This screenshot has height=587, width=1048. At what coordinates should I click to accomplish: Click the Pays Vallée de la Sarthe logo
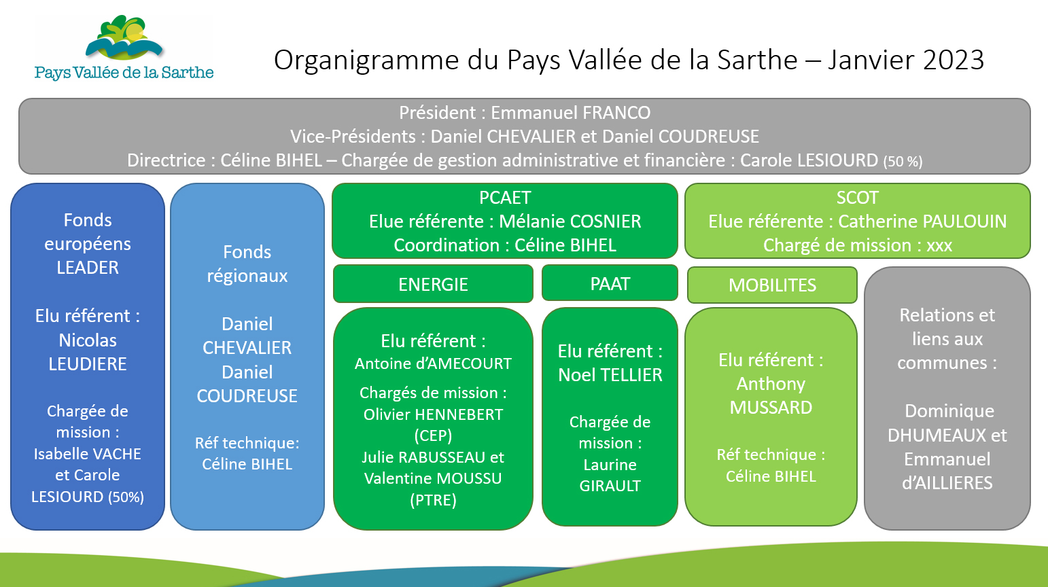(x=124, y=48)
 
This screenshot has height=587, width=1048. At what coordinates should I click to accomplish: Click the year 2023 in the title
(x=954, y=60)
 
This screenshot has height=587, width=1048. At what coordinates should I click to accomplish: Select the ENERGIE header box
(x=433, y=284)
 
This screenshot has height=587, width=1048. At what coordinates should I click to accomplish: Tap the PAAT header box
(x=610, y=283)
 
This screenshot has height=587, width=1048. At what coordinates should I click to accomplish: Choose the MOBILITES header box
(x=773, y=285)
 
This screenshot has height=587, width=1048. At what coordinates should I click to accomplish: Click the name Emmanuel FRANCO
(x=571, y=113)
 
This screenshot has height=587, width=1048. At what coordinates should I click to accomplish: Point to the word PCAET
(x=505, y=198)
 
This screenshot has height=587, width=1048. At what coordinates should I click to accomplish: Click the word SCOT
(x=858, y=198)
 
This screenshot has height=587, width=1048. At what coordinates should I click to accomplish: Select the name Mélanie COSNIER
(x=570, y=221)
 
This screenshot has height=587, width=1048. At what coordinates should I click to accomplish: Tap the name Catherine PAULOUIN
(x=922, y=221)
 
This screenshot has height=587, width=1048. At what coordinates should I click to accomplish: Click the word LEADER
(x=88, y=268)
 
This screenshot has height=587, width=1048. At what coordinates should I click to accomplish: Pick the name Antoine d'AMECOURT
(x=433, y=364)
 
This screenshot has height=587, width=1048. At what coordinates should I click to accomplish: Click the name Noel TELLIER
(x=610, y=375)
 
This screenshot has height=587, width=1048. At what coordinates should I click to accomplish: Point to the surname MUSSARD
(x=771, y=408)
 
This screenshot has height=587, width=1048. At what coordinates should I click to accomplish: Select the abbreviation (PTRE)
(x=433, y=501)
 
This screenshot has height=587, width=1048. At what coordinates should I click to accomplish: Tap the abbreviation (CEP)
(x=433, y=436)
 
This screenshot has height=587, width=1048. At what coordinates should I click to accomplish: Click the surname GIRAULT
(x=610, y=486)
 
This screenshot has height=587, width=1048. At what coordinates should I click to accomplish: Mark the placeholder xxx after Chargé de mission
(x=939, y=246)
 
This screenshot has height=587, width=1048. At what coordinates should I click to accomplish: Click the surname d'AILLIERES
(x=947, y=483)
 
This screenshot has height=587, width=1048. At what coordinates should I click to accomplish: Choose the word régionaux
(x=247, y=276)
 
